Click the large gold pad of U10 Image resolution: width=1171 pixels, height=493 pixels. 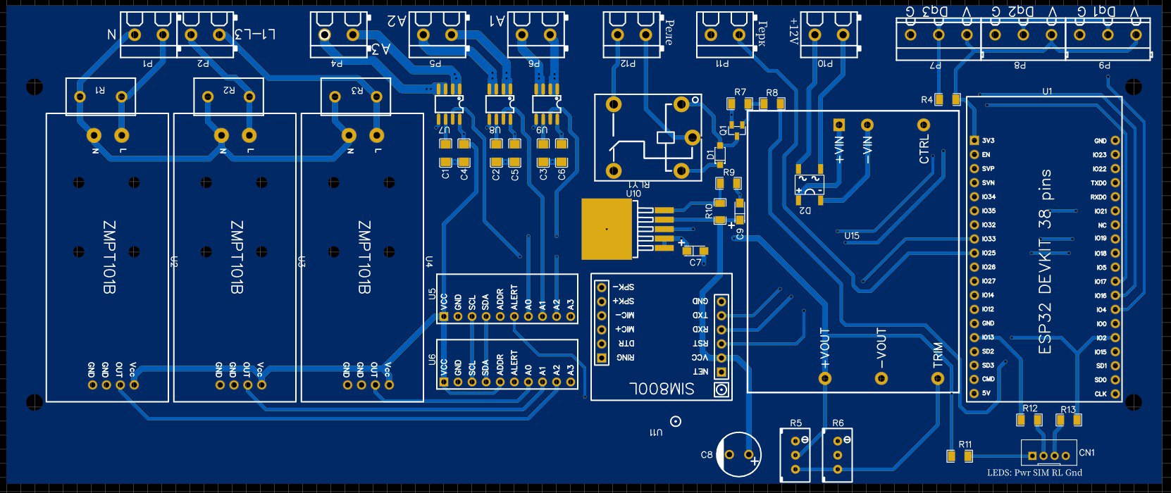(607, 229)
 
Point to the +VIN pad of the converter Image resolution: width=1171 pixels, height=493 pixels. (838, 125)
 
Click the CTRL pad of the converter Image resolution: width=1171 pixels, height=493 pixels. (924, 125)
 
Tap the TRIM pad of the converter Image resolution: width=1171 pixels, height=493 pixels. (937, 378)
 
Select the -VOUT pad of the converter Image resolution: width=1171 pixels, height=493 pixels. (881, 378)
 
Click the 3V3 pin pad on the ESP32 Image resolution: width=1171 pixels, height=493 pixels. (974, 141)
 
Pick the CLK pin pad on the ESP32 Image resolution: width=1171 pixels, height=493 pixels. (1115, 394)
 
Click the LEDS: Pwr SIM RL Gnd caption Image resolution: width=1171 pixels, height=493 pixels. (1034, 473)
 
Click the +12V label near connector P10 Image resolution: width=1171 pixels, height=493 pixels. (794, 32)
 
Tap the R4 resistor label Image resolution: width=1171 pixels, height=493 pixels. (927, 100)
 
